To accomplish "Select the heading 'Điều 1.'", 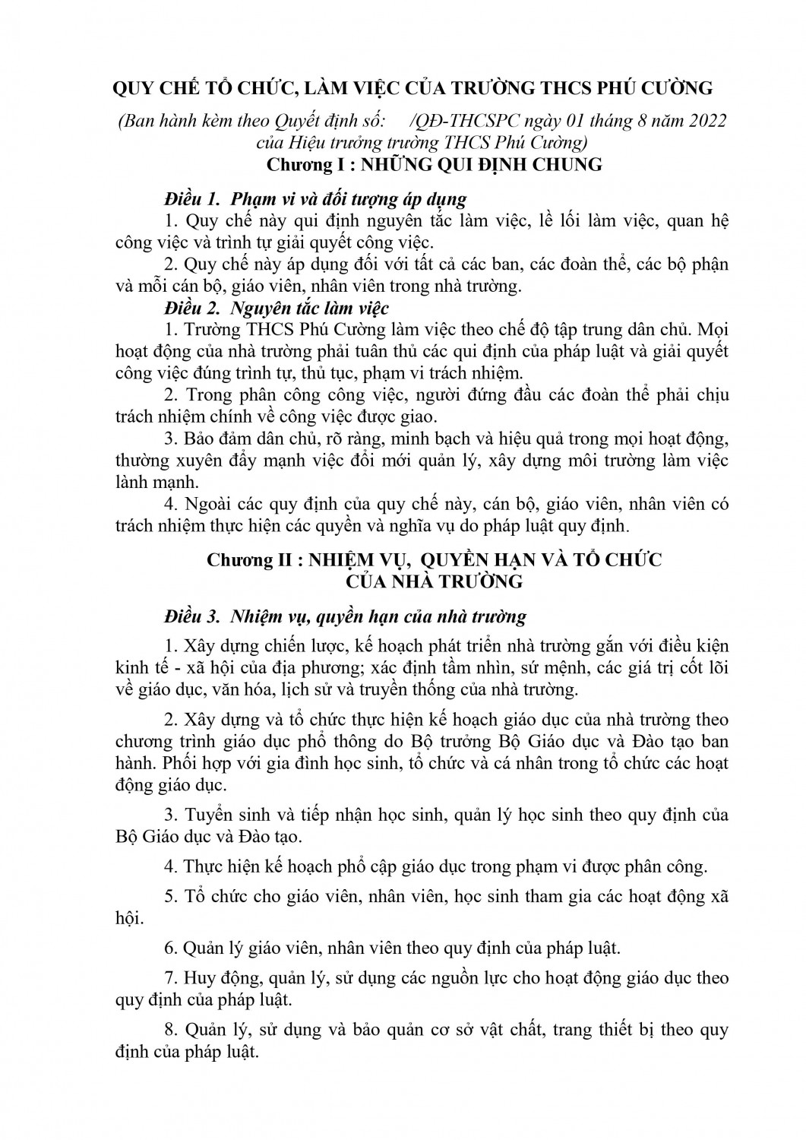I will [191, 201].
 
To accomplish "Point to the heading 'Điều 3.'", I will [191, 614].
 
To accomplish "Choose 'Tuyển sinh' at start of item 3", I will [222, 815].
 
